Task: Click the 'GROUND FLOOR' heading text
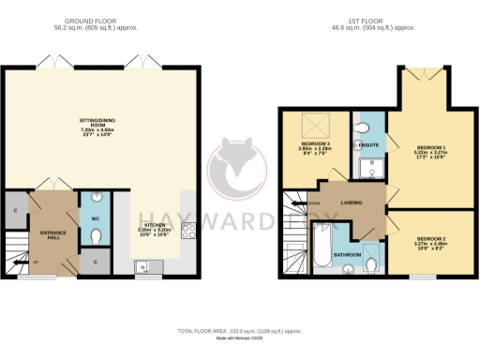pos(97,20)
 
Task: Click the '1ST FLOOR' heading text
pos(380,20)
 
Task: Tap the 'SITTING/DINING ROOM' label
pos(100,125)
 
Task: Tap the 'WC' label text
pos(95,219)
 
